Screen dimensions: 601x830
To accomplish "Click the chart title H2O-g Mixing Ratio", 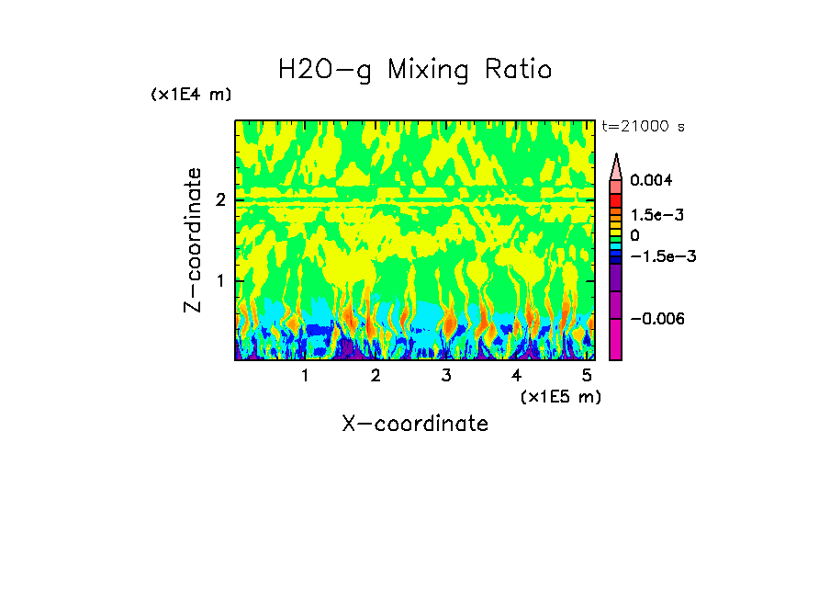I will tap(415, 70).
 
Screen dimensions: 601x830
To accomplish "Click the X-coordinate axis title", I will tap(415, 424).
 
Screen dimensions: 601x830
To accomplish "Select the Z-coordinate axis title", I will tap(193, 240).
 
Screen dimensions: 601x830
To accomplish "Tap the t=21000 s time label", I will tap(643, 126).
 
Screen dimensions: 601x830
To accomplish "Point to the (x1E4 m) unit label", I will tap(191, 95).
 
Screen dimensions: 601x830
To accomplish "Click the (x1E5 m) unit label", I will tap(560, 396).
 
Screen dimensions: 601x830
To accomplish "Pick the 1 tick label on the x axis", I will tap(305, 375).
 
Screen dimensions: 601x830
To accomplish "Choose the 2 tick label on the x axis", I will tap(376, 375).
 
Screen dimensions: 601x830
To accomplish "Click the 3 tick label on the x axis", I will tap(446, 375).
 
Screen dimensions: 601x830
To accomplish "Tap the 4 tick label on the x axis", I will tap(516, 375).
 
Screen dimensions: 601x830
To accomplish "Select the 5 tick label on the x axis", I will tap(587, 375).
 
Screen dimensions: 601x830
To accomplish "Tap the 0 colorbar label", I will tap(634, 236).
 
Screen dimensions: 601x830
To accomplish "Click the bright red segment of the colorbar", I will tap(616, 199).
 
